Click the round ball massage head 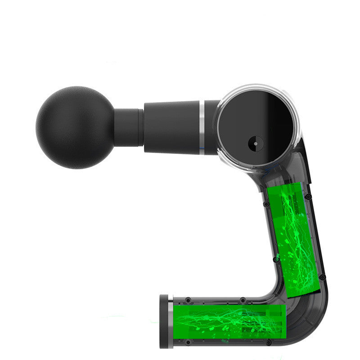click(x=75, y=127)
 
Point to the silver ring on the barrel click(x=202, y=127)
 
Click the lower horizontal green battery click(x=229, y=322)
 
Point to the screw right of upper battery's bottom click(x=321, y=278)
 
